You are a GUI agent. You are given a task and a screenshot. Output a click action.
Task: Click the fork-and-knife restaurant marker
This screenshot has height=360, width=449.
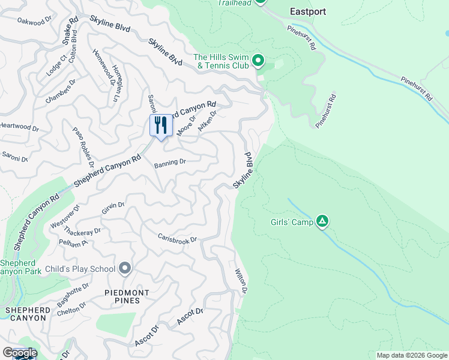pos(160,126)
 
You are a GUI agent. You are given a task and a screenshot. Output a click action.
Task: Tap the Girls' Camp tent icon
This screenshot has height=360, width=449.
pos(322,222)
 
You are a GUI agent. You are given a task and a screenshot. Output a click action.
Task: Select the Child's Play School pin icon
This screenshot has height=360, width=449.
pos(125,268)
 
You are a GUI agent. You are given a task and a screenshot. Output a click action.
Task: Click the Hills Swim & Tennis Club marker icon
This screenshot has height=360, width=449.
pos(258,60)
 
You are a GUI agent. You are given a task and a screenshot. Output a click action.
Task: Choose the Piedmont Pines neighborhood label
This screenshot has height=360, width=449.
pos(124,296)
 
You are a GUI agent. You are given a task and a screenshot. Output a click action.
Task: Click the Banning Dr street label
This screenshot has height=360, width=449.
pos(170,162)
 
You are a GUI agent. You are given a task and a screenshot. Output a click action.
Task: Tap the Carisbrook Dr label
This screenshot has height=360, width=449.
pos(177,238)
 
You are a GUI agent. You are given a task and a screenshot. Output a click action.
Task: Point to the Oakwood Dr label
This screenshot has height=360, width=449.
pos(35,22)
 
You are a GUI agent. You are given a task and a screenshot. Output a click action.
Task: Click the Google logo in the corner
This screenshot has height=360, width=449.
pos(20,353)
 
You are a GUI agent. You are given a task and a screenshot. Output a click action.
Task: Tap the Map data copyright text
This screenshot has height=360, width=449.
pos(412,355)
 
